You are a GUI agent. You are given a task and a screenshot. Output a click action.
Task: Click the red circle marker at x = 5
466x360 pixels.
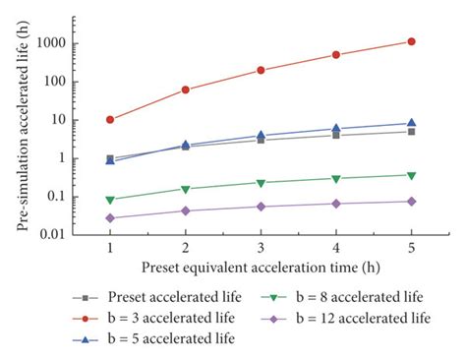pyautogui.click(x=411, y=41)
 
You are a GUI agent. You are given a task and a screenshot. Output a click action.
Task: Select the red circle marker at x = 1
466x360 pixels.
pyautogui.click(x=110, y=120)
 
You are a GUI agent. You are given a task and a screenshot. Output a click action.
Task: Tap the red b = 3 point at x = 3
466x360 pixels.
pyautogui.click(x=261, y=70)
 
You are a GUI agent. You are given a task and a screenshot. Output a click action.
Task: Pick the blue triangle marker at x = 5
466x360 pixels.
pyautogui.click(x=411, y=123)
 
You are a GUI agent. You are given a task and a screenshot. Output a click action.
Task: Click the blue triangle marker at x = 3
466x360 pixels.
pyautogui.click(x=261, y=135)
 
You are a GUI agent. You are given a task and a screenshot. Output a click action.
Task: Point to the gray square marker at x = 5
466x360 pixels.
pyautogui.click(x=411, y=132)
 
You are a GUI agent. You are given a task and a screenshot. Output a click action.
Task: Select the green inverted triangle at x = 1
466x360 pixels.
pyautogui.click(x=110, y=200)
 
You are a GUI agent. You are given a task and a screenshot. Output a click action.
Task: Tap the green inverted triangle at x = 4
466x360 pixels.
pyautogui.click(x=336, y=179)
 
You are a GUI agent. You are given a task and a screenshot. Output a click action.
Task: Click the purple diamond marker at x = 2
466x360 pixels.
pyautogui.click(x=186, y=210)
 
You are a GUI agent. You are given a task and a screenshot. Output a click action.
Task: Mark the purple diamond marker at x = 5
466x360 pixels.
pyautogui.click(x=411, y=201)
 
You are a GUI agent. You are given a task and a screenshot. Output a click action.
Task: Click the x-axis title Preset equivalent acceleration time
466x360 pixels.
pyautogui.click(x=261, y=268)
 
